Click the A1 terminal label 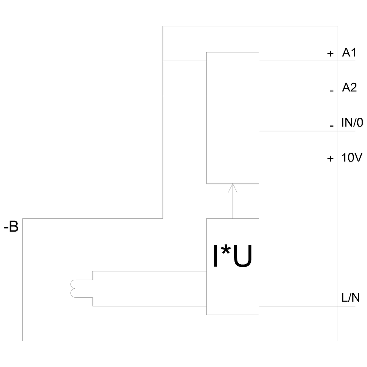349,52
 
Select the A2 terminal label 349,87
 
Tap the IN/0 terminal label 352,123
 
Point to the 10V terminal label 352,157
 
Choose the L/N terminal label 350,298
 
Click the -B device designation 11,227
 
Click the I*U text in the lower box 233,256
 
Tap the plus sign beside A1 330,54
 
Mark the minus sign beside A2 332,91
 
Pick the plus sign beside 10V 330,159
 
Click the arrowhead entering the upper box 233,188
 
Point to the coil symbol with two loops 73,288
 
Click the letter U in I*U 243,256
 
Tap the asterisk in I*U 226,250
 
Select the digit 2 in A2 353,87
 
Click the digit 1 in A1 353,52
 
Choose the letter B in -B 14,227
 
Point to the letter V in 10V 359,157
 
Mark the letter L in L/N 344,298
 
